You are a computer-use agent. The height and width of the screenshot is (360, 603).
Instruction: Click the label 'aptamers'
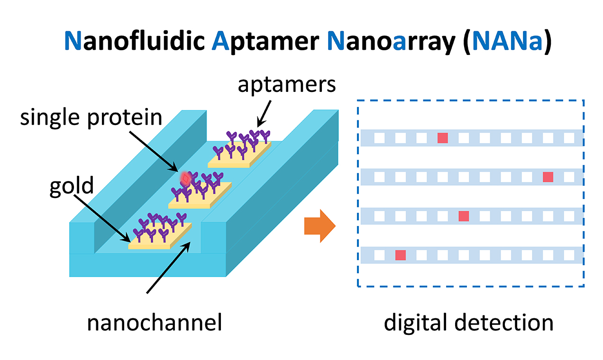pyautogui.click(x=287, y=85)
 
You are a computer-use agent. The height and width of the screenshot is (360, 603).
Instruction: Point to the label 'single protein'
pyautogui.click(x=91, y=117)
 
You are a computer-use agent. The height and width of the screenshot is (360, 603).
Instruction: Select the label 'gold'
pyautogui.click(x=72, y=186)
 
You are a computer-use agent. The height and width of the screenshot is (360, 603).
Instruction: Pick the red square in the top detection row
pyautogui.click(x=442, y=138)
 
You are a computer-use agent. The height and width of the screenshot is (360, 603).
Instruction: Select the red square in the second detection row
pyautogui.click(x=548, y=177)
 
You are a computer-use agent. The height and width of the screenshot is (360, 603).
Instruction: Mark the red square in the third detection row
pyautogui.click(x=464, y=216)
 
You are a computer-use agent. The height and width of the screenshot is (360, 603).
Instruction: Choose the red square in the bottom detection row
pyautogui.click(x=401, y=255)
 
